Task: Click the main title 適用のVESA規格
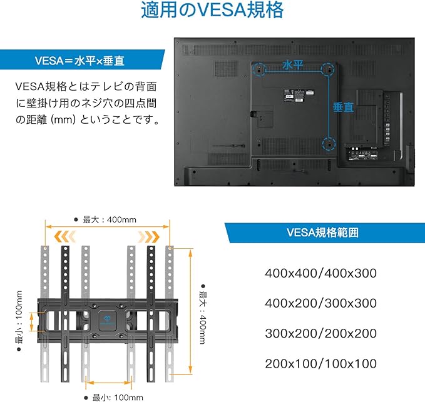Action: (212, 10)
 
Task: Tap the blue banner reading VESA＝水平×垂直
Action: (81, 59)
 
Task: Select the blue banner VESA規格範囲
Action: (325, 233)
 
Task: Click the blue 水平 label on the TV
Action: (292, 65)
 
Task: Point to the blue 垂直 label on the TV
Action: (343, 107)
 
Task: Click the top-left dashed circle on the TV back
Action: (259, 69)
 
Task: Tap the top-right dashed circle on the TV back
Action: (328, 69)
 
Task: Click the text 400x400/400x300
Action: (320, 273)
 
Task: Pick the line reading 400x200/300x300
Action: (320, 303)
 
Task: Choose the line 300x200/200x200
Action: (320, 333)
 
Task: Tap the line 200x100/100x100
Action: (320, 364)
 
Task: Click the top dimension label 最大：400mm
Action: (105, 219)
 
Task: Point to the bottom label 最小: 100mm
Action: (114, 398)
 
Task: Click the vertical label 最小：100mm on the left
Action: (19, 321)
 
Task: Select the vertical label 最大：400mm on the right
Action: (203, 314)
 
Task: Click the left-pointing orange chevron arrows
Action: (64, 237)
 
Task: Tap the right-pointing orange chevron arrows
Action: (149, 237)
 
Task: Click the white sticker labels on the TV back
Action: (298, 96)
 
